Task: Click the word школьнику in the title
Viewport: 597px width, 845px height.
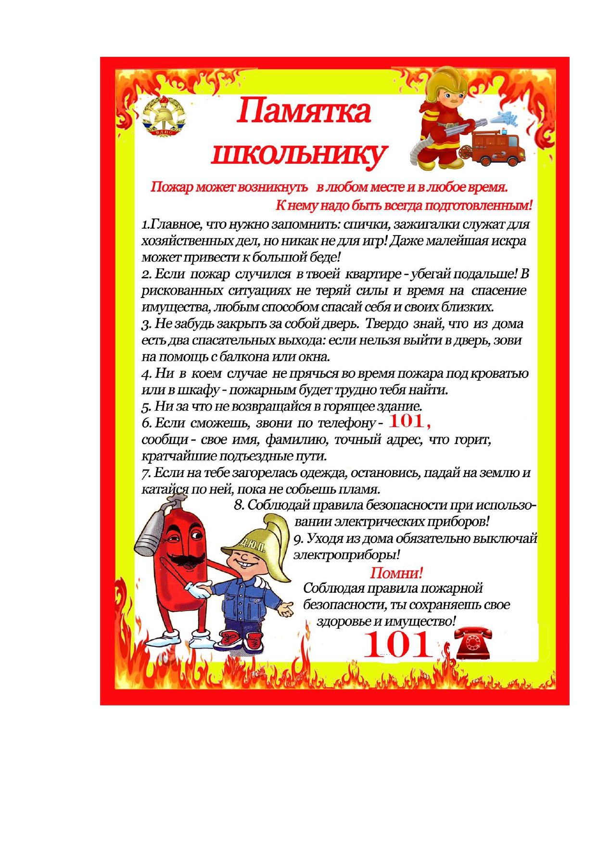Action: coord(299,154)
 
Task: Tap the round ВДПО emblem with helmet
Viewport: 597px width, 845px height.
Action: coord(164,116)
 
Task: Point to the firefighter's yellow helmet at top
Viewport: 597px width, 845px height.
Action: coord(447,82)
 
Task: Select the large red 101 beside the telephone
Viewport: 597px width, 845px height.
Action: coord(398,645)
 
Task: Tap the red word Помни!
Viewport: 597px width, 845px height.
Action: coord(396,573)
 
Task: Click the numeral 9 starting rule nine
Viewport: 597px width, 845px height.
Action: coord(298,539)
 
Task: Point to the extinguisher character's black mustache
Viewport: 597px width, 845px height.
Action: coord(182,559)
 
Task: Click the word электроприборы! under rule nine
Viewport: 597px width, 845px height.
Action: coord(347,555)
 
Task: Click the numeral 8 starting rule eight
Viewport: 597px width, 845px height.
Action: coord(239,505)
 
